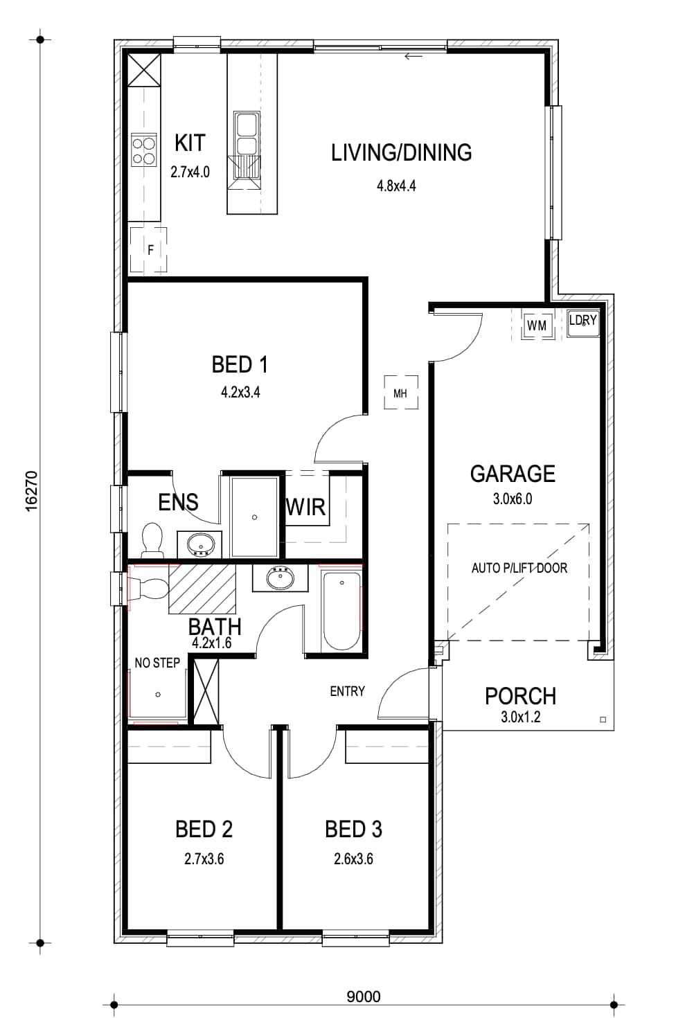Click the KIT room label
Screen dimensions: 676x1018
[x=190, y=143]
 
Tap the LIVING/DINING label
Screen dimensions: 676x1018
[x=401, y=152]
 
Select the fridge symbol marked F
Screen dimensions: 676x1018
[x=148, y=249]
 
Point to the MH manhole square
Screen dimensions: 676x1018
[x=400, y=393]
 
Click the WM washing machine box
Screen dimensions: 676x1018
[x=537, y=325]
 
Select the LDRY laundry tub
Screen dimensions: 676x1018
[x=582, y=323]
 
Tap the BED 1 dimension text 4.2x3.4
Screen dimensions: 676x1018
[x=240, y=392]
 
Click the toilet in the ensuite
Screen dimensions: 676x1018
[x=153, y=540]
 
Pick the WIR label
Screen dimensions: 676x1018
[x=305, y=507]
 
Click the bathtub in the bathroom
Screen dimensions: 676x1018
[x=341, y=611]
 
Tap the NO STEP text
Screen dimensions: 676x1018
[x=157, y=663]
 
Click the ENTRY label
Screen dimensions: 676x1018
[x=347, y=691]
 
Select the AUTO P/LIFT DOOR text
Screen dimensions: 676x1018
[x=519, y=568]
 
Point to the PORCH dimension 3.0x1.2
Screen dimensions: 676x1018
[x=521, y=717]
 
